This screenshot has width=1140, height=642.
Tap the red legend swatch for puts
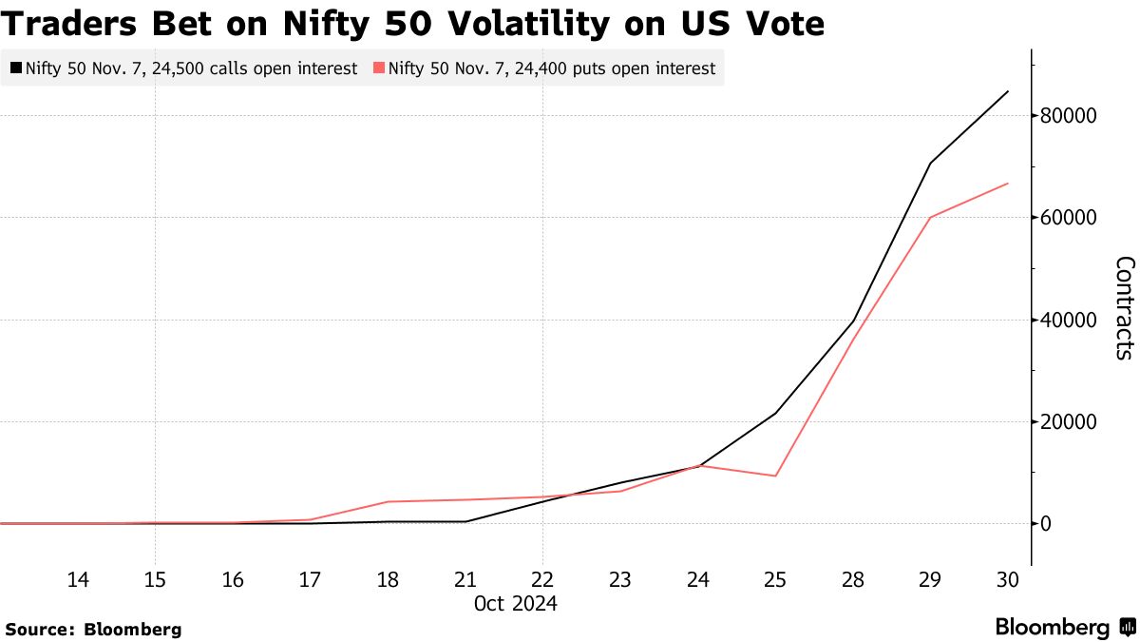coord(379,68)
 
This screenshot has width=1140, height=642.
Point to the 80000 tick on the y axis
coord(1069,116)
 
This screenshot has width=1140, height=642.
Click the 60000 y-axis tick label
coord(1069,218)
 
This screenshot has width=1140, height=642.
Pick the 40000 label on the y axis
coord(1069,320)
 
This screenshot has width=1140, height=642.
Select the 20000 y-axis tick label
coord(1069,421)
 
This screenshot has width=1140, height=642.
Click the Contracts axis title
coord(1123,307)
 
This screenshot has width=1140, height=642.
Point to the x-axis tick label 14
coord(78,579)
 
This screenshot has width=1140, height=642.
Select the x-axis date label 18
coord(387,579)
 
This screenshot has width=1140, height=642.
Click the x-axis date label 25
coord(775,579)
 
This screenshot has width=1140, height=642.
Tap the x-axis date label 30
coord(1007,579)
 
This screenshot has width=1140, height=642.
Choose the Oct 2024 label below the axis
coord(516,604)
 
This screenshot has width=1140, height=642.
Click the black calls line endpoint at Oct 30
coord(1007,91)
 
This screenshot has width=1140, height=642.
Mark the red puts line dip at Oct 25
coord(775,476)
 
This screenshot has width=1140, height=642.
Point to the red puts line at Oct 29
coord(930,218)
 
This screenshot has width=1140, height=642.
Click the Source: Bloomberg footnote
coord(93,629)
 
